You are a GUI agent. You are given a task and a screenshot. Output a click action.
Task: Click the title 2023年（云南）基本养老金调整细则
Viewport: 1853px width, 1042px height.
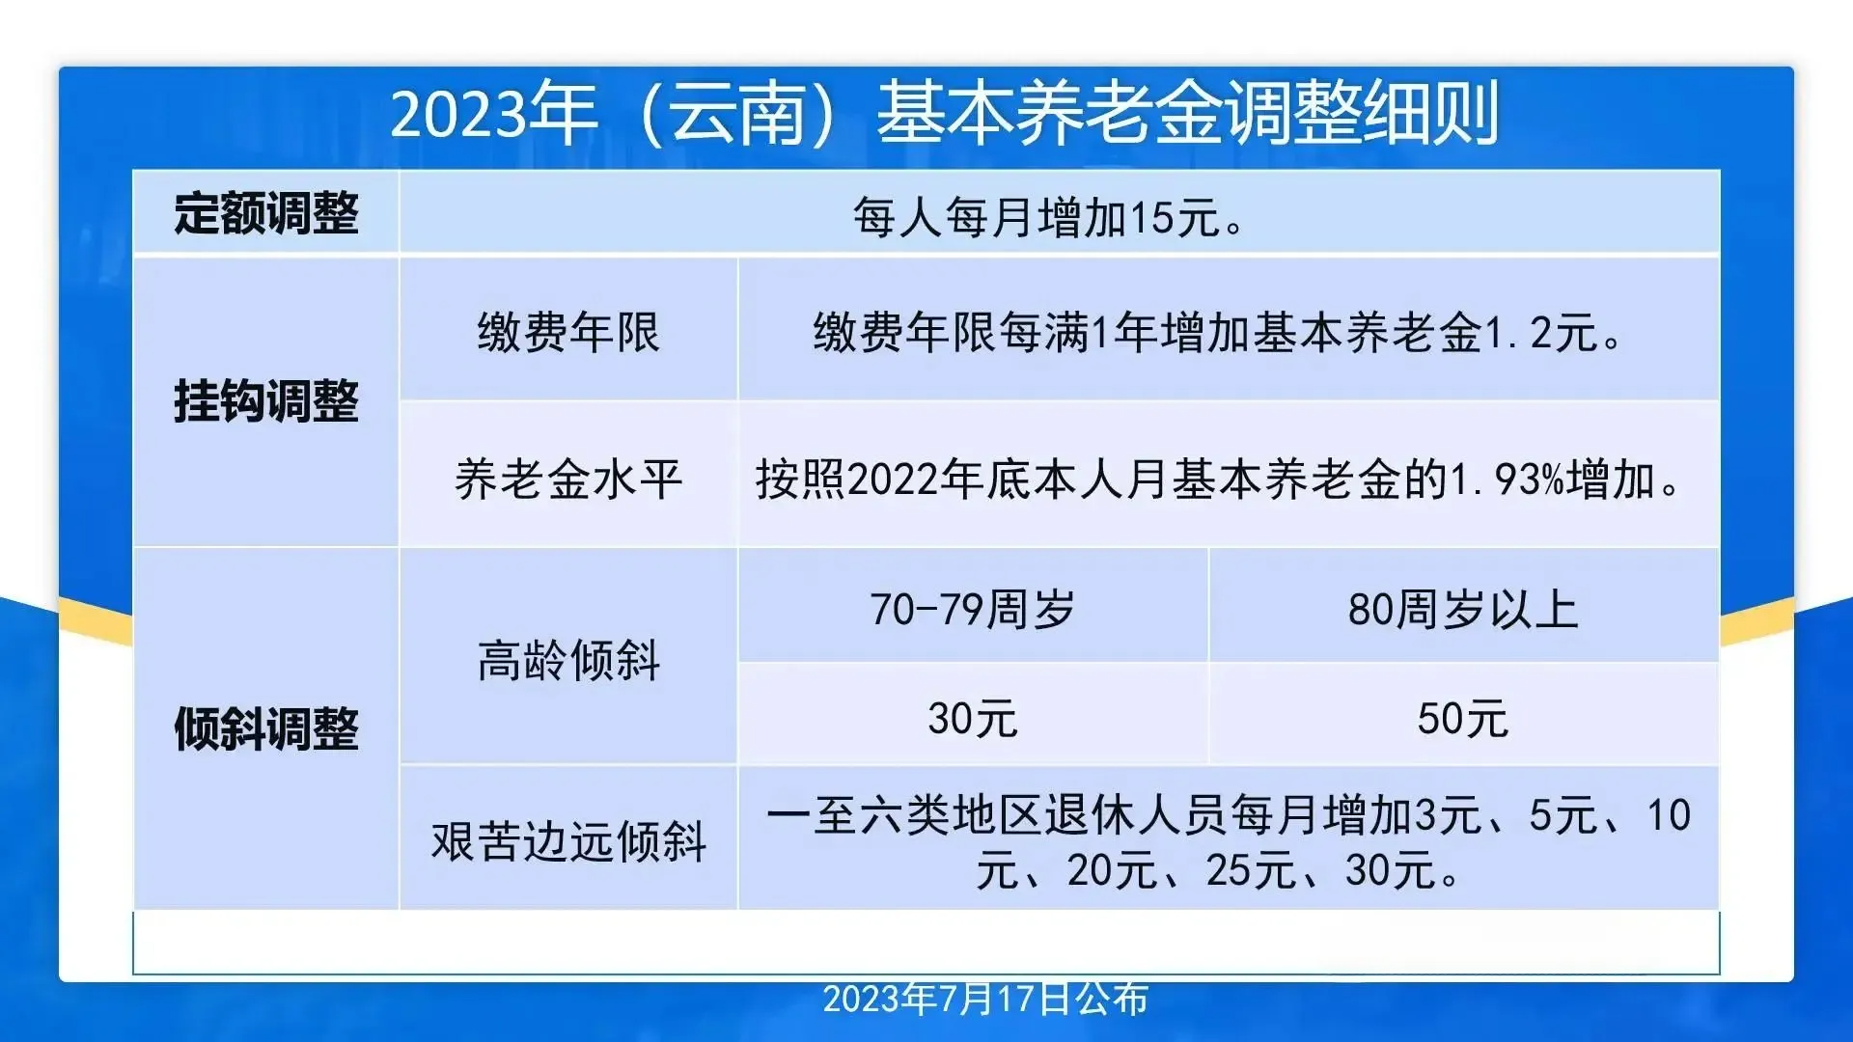(944, 114)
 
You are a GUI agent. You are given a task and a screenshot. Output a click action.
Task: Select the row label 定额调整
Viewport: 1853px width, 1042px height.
(266, 213)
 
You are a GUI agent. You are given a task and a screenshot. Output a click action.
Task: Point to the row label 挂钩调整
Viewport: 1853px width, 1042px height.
(266, 400)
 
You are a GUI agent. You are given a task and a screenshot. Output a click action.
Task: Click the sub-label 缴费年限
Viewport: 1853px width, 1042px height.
(568, 333)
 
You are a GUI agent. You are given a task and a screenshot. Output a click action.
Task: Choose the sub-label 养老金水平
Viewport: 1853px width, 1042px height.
(568, 480)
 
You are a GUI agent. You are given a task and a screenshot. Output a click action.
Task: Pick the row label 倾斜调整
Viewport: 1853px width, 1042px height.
(266, 728)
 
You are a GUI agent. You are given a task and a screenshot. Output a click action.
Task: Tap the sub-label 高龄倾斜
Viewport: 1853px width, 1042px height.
(568, 661)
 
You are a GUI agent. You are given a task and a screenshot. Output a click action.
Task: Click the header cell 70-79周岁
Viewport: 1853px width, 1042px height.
(973, 609)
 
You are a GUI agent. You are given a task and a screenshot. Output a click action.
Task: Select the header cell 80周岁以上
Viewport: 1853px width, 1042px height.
(1463, 609)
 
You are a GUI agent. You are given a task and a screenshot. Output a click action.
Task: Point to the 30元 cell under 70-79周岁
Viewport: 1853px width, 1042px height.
(973, 719)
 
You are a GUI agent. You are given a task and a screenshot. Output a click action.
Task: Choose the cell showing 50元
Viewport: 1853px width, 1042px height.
(1463, 719)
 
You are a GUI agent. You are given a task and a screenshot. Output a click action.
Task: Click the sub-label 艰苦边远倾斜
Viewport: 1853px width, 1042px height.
(568, 840)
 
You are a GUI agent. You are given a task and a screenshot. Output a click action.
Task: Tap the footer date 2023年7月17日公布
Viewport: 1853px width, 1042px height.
(985, 1000)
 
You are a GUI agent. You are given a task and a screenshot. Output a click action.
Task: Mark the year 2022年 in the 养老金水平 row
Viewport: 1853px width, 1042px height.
(915, 480)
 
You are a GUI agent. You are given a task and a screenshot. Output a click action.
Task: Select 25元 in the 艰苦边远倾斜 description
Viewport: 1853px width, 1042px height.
(1250, 871)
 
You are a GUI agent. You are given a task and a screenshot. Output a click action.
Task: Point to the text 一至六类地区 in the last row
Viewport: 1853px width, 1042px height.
(904, 816)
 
